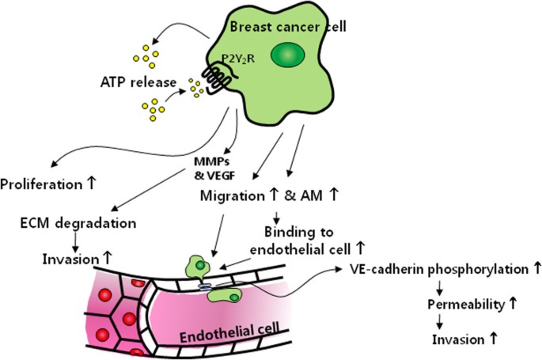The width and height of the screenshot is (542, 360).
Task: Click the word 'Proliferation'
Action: coord(46,184)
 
